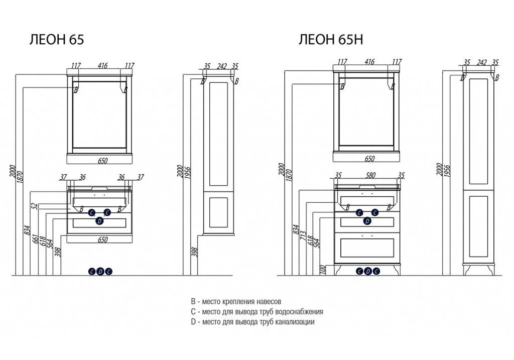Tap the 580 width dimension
tap(369, 176)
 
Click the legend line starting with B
tap(236, 302)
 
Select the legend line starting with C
tap(256, 312)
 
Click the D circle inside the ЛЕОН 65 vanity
tap(99, 221)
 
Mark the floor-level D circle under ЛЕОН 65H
tap(367, 271)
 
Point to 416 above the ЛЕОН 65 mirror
tap(102, 65)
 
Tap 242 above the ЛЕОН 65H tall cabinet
tap(481, 63)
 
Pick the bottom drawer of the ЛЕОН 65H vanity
tap(368, 249)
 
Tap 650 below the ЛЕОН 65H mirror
tap(369, 159)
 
